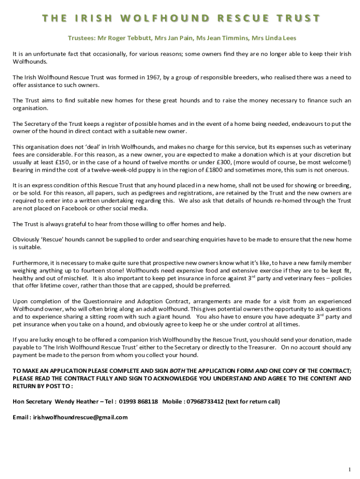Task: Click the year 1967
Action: coord(154,77)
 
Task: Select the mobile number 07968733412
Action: coord(204,401)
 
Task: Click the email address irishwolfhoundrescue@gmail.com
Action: coord(80,417)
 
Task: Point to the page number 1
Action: coord(349,456)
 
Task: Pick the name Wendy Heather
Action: coord(75,401)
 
